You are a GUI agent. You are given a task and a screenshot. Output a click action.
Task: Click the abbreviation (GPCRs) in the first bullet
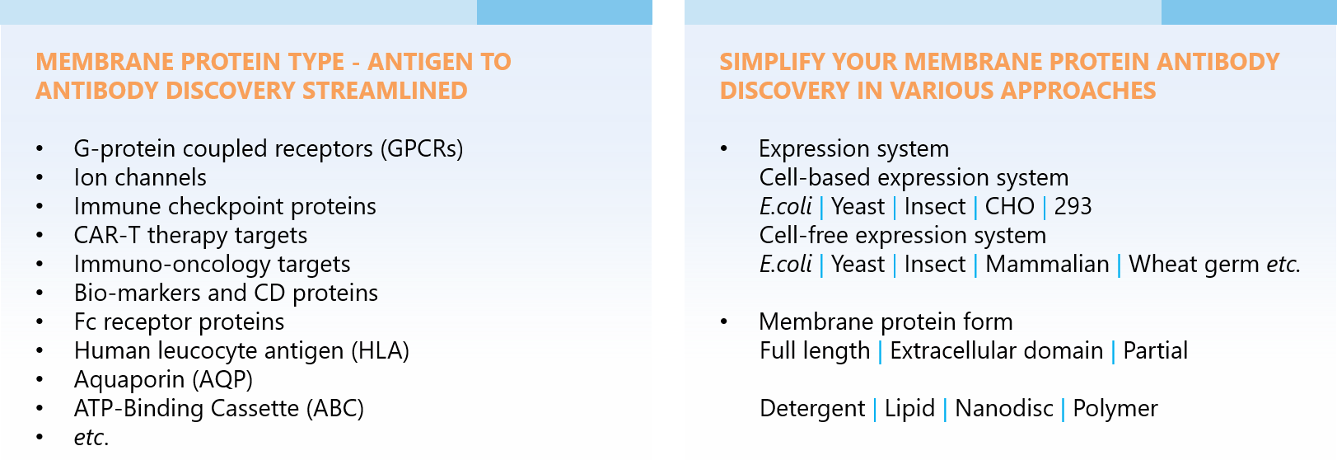[x=422, y=149]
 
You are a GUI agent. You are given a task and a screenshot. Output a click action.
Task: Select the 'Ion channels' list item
[x=140, y=177]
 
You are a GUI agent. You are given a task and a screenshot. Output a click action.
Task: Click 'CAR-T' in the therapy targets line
[x=107, y=236]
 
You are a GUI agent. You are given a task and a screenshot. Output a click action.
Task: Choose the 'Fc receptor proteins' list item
[x=179, y=322]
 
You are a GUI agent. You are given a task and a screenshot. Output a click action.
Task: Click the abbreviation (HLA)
[x=381, y=351]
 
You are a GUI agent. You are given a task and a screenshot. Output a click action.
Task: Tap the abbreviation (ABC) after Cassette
[x=334, y=409]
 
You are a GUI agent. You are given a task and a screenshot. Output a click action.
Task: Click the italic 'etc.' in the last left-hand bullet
[x=91, y=438]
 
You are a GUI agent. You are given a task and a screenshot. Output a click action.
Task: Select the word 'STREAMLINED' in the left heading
[x=385, y=91]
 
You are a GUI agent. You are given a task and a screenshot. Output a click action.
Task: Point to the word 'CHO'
[x=1009, y=207]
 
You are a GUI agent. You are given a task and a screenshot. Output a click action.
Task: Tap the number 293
[x=1073, y=207]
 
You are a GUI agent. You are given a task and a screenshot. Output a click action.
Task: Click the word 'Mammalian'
[x=1047, y=265]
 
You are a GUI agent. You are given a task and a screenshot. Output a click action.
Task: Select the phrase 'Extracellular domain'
[x=996, y=350]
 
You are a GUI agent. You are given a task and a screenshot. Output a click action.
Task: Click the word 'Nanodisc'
[x=1004, y=409]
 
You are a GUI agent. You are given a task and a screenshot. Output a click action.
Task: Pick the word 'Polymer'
[x=1115, y=409]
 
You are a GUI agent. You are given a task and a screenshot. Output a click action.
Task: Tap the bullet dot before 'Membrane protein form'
[x=724, y=322]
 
